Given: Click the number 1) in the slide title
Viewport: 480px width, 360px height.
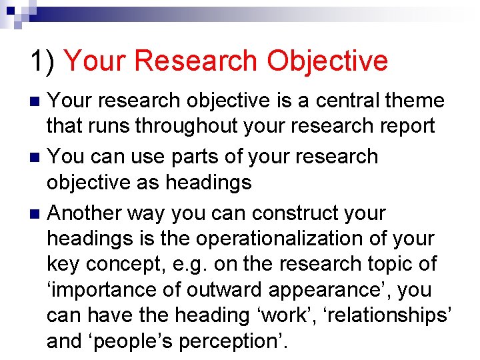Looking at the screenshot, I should tap(43, 61).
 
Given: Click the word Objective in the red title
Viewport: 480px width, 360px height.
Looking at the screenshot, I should tap(327, 61).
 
